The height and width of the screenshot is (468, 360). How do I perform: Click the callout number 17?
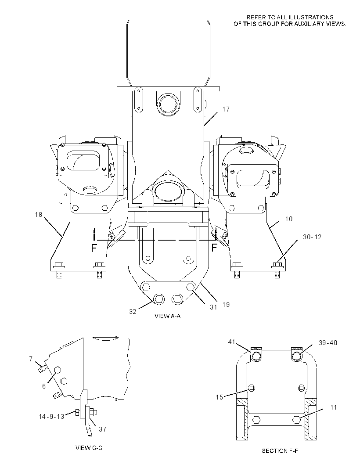coord(226,109)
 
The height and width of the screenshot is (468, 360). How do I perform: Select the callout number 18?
coord(39,215)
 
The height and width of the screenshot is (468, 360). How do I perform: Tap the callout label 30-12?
coord(312,237)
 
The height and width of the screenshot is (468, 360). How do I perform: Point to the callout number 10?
coord(288,219)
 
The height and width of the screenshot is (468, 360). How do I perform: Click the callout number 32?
coord(133,312)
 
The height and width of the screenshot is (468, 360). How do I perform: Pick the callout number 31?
coord(213,307)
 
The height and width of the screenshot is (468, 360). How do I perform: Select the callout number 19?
coord(226,304)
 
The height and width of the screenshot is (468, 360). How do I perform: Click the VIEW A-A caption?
coord(167,316)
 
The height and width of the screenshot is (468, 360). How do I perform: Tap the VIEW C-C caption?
coord(89,448)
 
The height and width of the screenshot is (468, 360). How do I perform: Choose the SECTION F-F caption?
coord(280,451)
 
